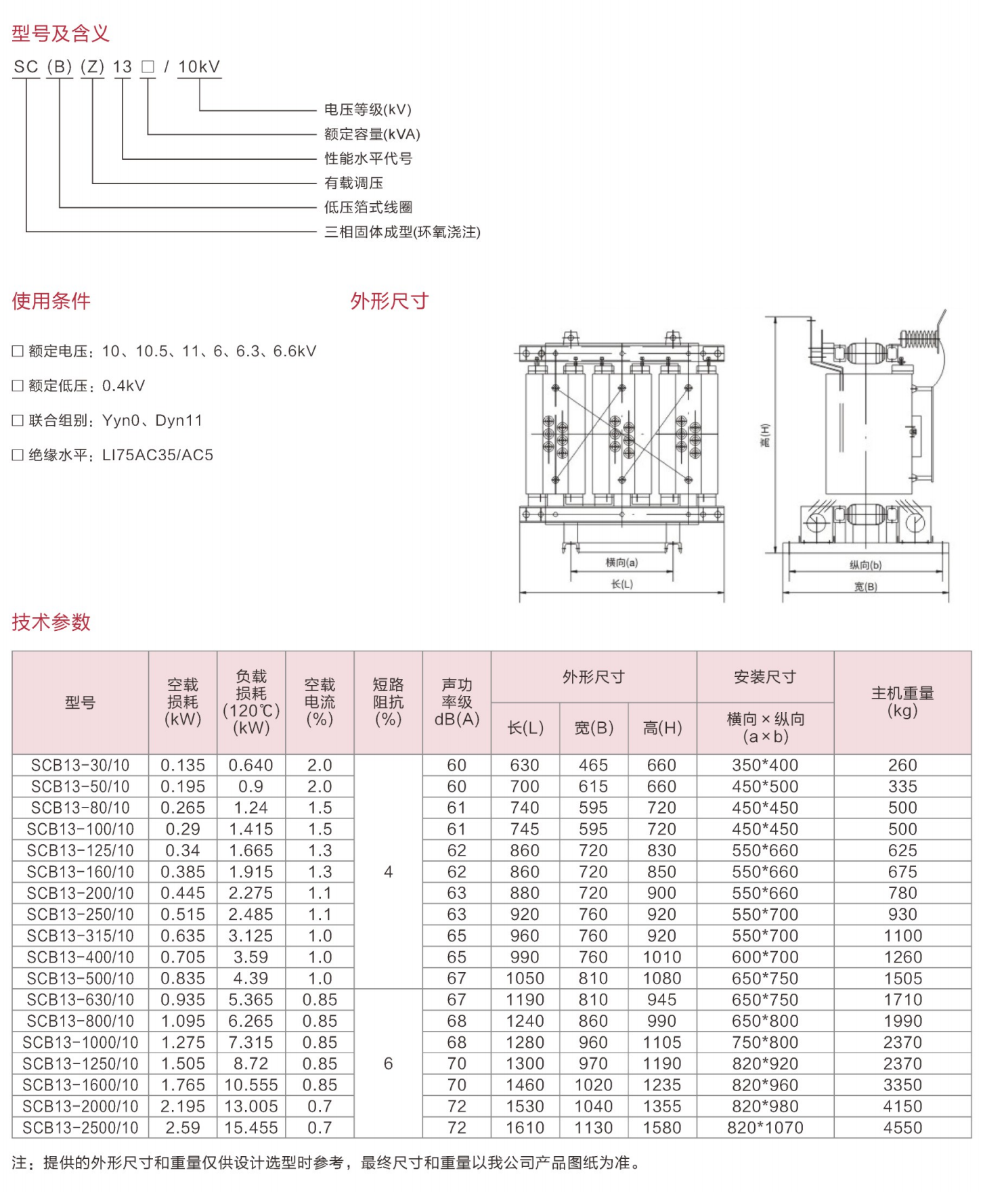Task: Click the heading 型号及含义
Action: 60,33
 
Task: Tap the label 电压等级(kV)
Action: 368,110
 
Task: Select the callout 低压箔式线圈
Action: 368,207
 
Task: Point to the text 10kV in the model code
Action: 199,67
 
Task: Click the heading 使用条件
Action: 51,301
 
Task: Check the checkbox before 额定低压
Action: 18,386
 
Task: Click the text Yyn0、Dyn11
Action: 152,420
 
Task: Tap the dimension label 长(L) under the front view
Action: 621,584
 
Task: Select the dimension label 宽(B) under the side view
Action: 865,587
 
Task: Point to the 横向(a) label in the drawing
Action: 621,562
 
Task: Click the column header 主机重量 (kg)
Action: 902,702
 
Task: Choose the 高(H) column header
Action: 662,728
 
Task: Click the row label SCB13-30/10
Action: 80,766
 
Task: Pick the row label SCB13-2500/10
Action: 80,1128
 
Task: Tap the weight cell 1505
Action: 902,979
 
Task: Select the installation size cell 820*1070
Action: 765,1128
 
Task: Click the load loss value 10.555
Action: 251,1085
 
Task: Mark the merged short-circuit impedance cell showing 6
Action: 388,1063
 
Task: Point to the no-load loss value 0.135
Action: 183,766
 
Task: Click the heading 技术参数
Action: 51,622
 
